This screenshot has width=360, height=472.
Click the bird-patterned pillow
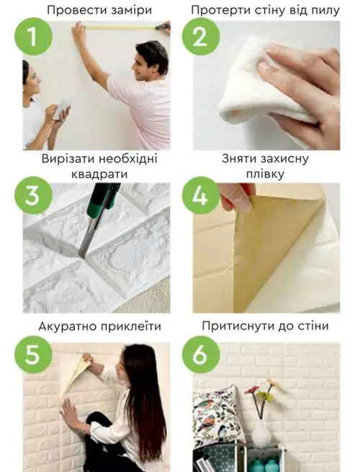tap(216, 418)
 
